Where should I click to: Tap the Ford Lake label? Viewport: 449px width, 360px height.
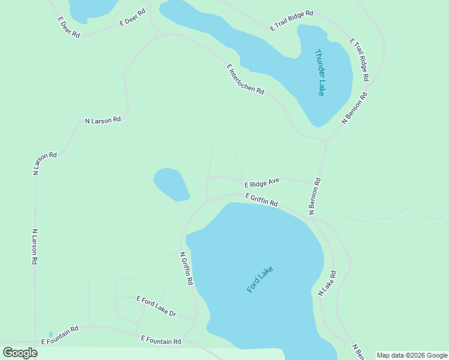tap(260, 279)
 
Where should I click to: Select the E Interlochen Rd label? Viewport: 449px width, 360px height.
tap(246, 79)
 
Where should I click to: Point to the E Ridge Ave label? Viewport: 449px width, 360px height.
tap(262, 182)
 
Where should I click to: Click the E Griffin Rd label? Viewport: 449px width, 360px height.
tap(261, 200)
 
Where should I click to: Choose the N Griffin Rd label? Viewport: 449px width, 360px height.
tap(187, 268)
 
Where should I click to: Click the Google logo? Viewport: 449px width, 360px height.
tap(20, 352)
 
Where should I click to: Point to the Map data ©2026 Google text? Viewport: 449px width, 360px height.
tap(411, 355)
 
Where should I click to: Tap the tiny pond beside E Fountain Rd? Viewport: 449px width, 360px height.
tap(51, 334)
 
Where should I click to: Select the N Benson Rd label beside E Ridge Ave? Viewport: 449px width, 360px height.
tap(315, 196)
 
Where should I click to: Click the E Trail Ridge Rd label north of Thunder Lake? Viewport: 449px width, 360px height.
tap(292, 20)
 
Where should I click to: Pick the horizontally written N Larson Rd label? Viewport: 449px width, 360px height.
tap(103, 120)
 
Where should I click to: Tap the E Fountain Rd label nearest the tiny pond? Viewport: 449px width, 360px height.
tap(60, 335)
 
